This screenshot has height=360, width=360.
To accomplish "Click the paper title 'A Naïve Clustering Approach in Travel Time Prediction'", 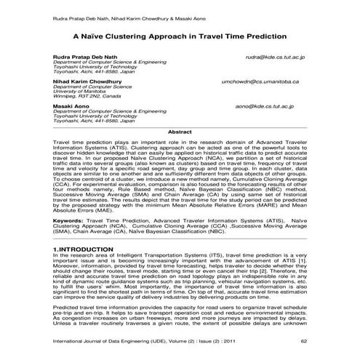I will tap(180, 35).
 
